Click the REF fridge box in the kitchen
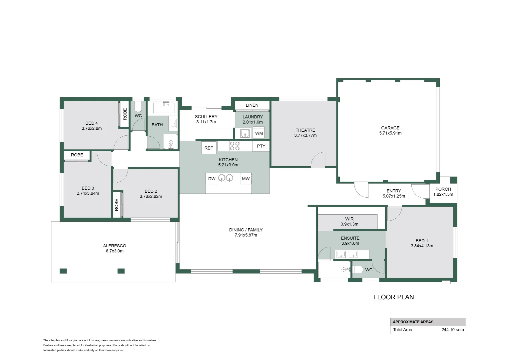(209, 148)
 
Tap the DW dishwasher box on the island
(212, 179)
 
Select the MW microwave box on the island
(246, 179)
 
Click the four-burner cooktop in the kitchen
(235, 146)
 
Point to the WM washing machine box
(259, 133)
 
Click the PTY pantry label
(261, 146)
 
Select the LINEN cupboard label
(252, 105)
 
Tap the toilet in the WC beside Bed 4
(138, 107)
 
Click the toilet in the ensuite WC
(358, 269)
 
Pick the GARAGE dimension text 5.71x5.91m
(390, 133)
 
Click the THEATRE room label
(305, 130)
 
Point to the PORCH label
(443, 189)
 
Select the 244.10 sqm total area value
(452, 330)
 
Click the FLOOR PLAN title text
(393, 297)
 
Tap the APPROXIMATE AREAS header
(413, 322)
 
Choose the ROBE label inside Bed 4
(125, 114)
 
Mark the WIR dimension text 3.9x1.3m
(349, 224)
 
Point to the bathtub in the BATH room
(164, 108)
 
